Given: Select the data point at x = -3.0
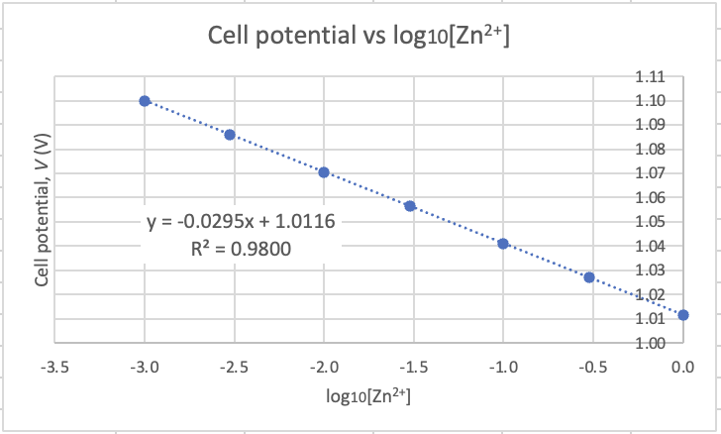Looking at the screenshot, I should tap(145, 101).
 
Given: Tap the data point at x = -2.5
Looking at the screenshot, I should tap(230, 135).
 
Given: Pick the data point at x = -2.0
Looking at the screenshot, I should tap(324, 172).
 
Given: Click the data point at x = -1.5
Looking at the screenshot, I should tap(409, 206).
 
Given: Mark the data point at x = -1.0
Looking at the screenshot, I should tap(503, 244).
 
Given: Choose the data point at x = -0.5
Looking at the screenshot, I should tap(589, 277).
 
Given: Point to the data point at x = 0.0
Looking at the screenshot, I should tap(683, 315).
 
